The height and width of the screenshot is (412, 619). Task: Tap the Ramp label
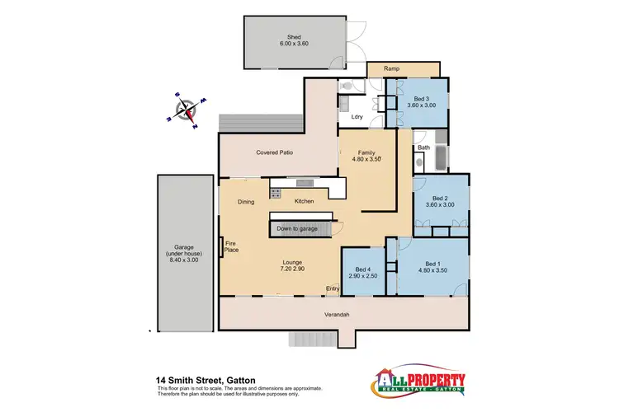pyautogui.click(x=392, y=69)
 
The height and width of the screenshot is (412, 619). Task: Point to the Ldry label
pyautogui.click(x=357, y=117)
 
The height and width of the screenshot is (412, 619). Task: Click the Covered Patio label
pyautogui.click(x=275, y=152)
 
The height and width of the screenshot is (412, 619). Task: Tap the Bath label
pyautogui.click(x=423, y=147)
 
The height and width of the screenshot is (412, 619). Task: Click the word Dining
pyautogui.click(x=246, y=202)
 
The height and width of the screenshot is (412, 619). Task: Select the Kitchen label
pyautogui.click(x=305, y=202)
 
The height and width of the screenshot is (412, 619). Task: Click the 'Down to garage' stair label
pyautogui.click(x=298, y=228)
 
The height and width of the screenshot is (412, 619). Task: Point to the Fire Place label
pyautogui.click(x=231, y=246)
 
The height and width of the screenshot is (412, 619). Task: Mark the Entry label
pyautogui.click(x=333, y=288)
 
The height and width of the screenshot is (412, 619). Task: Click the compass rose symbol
pyautogui.click(x=188, y=110)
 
